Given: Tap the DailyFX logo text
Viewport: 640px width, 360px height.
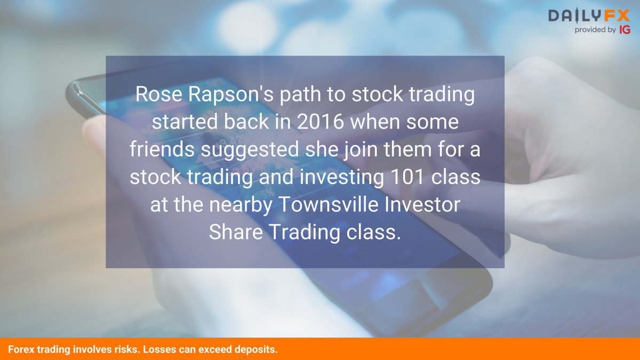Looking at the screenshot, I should [x=589, y=16].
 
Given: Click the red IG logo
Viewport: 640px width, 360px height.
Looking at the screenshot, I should [x=625, y=30].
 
